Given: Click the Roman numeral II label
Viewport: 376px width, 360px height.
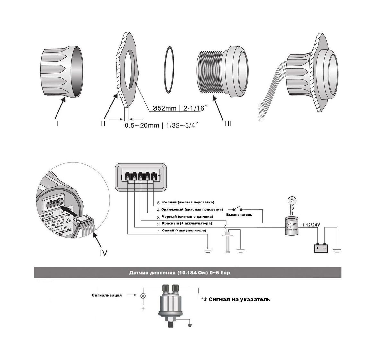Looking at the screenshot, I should [103, 123].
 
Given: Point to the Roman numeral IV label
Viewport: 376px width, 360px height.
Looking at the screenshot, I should [103, 252].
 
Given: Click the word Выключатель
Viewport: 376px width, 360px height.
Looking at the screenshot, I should [239, 215].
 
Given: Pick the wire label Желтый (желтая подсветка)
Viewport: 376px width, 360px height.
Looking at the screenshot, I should [188, 203].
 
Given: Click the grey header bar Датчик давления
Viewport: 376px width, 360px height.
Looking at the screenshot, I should [188, 273].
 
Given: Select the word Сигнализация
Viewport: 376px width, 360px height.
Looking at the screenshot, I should [107, 295].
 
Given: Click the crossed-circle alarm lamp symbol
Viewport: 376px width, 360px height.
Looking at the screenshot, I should [143, 296].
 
